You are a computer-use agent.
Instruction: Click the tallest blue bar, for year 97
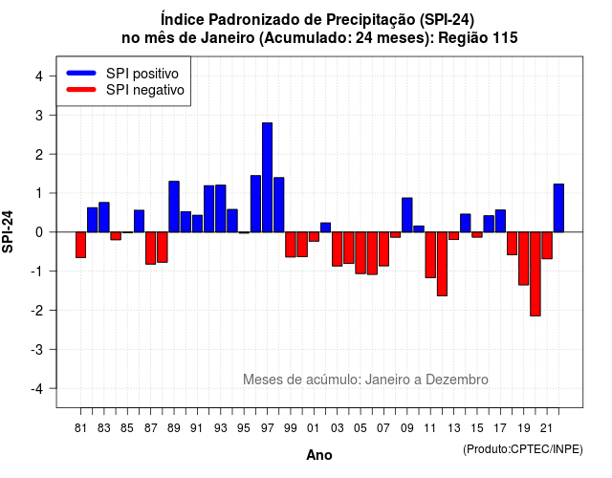268,178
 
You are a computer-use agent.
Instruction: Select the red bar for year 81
80,245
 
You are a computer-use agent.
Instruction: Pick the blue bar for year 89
174,206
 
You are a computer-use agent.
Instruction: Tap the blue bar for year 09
407,215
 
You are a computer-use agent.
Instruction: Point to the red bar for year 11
430,255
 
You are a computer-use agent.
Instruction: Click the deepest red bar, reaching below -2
535,274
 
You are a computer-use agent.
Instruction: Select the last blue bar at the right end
558,208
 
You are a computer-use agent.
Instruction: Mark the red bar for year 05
361,252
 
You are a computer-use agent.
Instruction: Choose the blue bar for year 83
104,217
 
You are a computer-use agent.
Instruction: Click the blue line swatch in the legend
81,73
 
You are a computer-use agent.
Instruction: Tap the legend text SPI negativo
145,90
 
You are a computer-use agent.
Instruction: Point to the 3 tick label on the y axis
38,116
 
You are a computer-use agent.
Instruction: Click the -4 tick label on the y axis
37,389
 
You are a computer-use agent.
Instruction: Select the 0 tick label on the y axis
38,232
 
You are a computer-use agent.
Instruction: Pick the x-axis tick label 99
291,428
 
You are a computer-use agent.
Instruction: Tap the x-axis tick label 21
546,428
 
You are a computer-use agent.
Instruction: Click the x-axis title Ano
319,455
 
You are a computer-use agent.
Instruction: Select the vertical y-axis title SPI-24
8,231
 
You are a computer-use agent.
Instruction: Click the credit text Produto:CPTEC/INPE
523,449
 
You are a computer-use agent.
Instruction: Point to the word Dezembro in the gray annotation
457,380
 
